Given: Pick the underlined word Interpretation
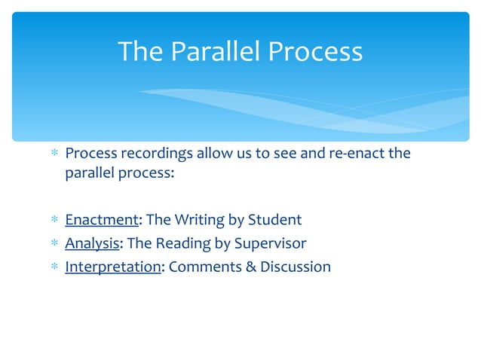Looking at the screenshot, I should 113,267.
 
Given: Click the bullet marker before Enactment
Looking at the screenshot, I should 54,221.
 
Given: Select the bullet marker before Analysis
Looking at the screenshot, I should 54,244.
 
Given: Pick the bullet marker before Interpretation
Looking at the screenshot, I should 54,267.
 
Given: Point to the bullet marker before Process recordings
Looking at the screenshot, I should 54,154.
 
